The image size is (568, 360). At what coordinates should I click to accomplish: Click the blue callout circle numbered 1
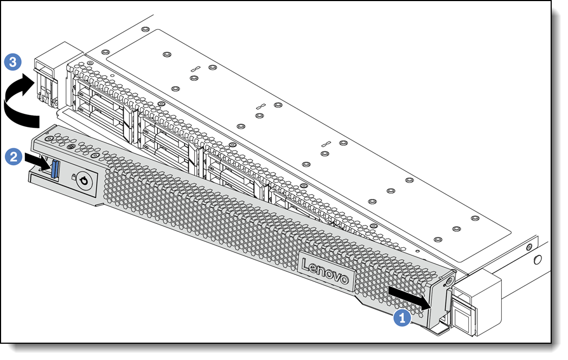point(402,318)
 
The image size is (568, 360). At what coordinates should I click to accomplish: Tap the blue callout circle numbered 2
point(14,157)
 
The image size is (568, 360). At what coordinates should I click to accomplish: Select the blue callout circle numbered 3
point(12,62)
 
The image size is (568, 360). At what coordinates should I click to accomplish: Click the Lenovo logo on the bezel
point(326,272)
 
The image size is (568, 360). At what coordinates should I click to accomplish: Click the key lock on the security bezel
point(84,180)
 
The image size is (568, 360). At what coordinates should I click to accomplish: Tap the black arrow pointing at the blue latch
point(37,162)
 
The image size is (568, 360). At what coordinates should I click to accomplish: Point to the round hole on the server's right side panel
point(538,260)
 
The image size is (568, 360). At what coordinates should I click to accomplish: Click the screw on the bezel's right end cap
point(449,281)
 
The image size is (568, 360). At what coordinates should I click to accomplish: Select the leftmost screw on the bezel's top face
point(48,139)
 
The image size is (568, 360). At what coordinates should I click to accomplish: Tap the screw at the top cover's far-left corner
point(145,29)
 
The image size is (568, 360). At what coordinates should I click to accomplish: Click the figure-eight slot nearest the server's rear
point(195,68)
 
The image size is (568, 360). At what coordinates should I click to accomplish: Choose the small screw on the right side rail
point(529,247)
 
